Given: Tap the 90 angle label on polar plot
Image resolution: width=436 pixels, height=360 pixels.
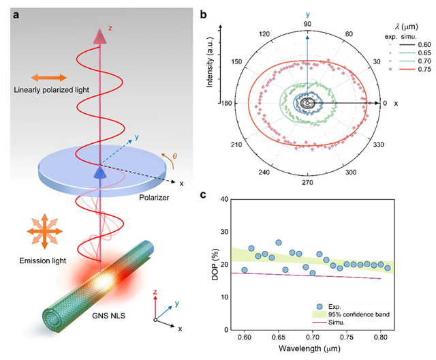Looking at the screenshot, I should click(x=307, y=23).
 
